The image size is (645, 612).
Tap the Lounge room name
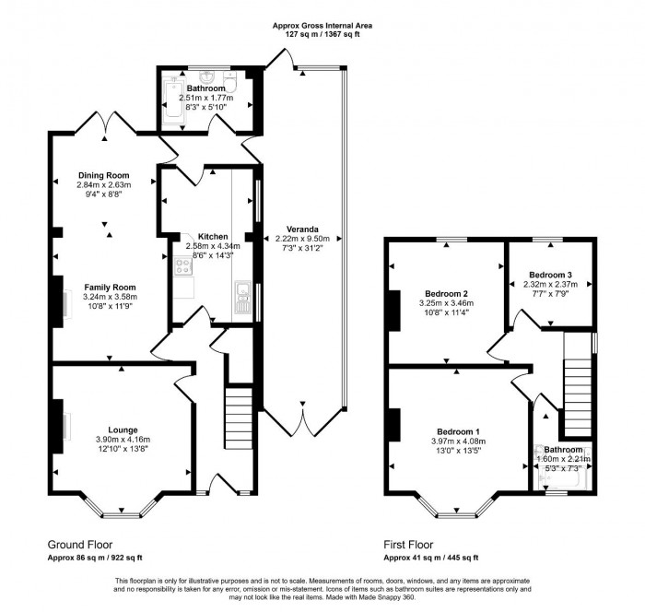(123, 430)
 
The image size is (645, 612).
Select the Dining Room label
(103, 175)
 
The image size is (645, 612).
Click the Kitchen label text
(200, 237)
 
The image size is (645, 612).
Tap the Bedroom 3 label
(550, 275)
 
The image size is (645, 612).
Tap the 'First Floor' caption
(408, 545)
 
